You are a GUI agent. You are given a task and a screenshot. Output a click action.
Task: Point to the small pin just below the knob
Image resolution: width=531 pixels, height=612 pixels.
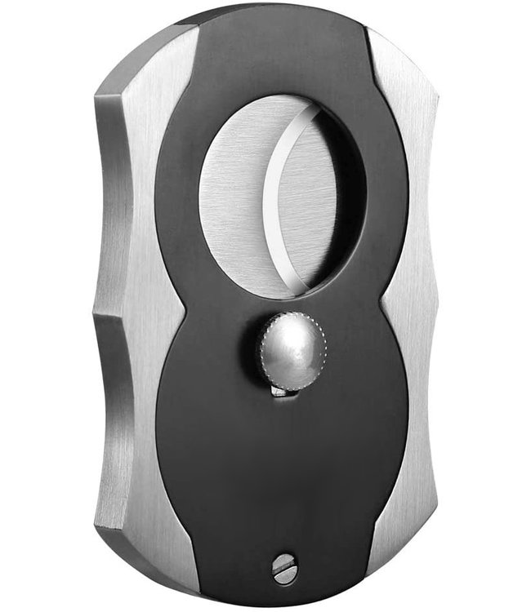(279, 392)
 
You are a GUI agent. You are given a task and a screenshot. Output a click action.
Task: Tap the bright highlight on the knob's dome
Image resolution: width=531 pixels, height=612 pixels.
(286, 339)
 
